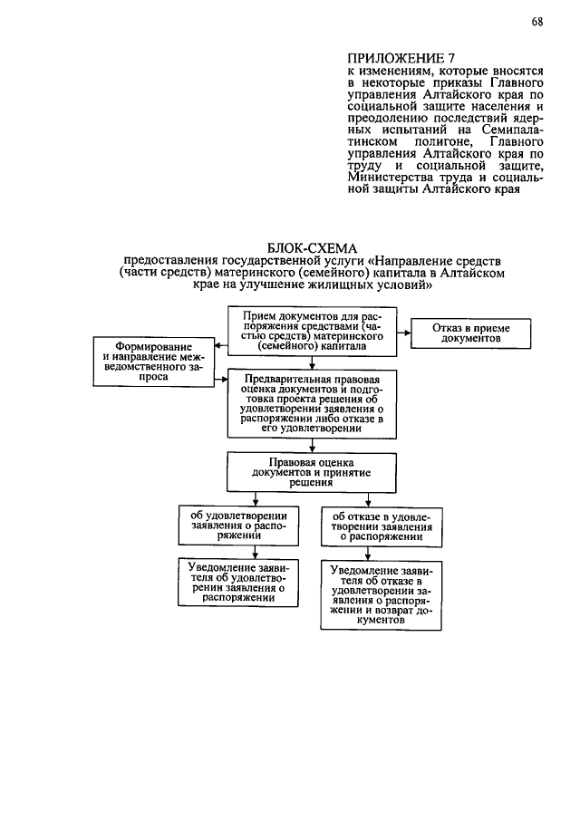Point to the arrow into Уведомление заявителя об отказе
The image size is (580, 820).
tap(382, 554)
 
